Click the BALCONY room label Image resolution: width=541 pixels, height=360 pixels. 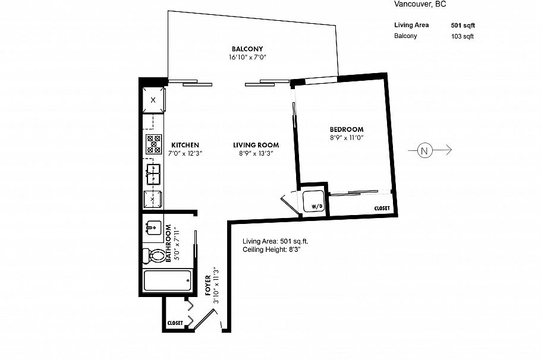[x=247, y=49]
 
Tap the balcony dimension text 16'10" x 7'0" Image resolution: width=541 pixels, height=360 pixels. [x=247, y=58]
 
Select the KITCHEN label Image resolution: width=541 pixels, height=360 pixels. [x=185, y=145]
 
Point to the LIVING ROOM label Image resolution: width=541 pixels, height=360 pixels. [x=256, y=145]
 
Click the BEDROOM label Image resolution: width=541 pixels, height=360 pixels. [x=347, y=130]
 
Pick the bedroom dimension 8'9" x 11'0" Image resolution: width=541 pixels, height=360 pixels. [x=347, y=138]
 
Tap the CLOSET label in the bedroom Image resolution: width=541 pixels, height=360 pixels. [x=382, y=209]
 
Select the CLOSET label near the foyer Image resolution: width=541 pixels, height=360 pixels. [x=175, y=323]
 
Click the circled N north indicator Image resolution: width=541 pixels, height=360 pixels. [x=424, y=151]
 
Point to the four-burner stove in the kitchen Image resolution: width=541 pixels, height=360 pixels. [x=154, y=144]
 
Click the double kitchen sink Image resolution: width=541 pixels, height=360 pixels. [x=154, y=175]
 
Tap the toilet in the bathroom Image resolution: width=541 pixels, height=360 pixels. [x=156, y=256]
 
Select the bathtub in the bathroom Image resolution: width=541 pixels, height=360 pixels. [x=168, y=280]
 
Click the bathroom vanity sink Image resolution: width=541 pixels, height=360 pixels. [x=153, y=228]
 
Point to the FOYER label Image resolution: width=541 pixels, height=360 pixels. [x=207, y=286]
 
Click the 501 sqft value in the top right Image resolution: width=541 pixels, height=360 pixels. [x=463, y=26]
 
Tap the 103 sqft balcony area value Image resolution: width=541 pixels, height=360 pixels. [x=463, y=36]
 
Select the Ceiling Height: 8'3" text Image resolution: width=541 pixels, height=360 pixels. [x=272, y=250]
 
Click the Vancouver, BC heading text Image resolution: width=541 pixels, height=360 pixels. [x=420, y=4]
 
